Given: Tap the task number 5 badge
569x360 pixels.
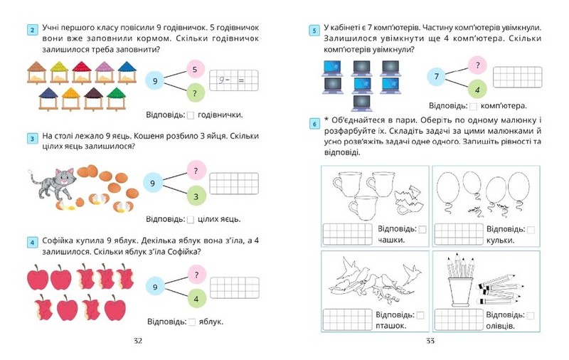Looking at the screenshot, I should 314,29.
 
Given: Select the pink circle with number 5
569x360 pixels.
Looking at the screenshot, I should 196,70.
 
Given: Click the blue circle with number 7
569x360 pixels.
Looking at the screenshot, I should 437,76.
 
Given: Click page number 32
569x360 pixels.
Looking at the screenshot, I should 138,341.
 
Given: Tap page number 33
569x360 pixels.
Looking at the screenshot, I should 430,341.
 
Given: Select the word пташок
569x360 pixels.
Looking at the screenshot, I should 391,326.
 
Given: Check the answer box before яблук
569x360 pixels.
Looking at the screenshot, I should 191,322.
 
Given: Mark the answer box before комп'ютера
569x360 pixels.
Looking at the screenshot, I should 473,106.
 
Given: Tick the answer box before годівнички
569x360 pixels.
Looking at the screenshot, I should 191,115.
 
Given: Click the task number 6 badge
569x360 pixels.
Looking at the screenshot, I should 314,125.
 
